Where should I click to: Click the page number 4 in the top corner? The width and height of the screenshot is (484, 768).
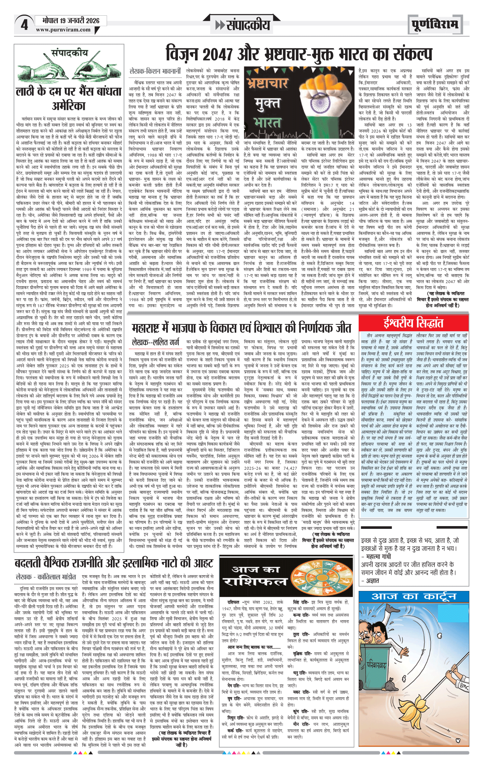[x=24, y=25]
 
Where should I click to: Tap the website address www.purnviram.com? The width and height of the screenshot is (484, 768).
[x=63, y=30]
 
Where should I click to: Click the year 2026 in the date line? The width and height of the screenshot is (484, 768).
[x=92, y=20]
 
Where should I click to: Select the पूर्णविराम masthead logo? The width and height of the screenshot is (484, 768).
[x=434, y=25]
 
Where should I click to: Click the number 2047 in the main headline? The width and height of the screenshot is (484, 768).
[x=218, y=54]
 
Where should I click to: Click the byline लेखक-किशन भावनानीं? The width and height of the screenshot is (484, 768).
[x=155, y=71]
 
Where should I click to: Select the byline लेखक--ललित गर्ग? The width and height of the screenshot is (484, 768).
[x=155, y=342]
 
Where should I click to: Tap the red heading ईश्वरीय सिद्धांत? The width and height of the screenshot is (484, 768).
[x=413, y=323]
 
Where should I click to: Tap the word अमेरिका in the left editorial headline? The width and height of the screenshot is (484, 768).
[x=69, y=106]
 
